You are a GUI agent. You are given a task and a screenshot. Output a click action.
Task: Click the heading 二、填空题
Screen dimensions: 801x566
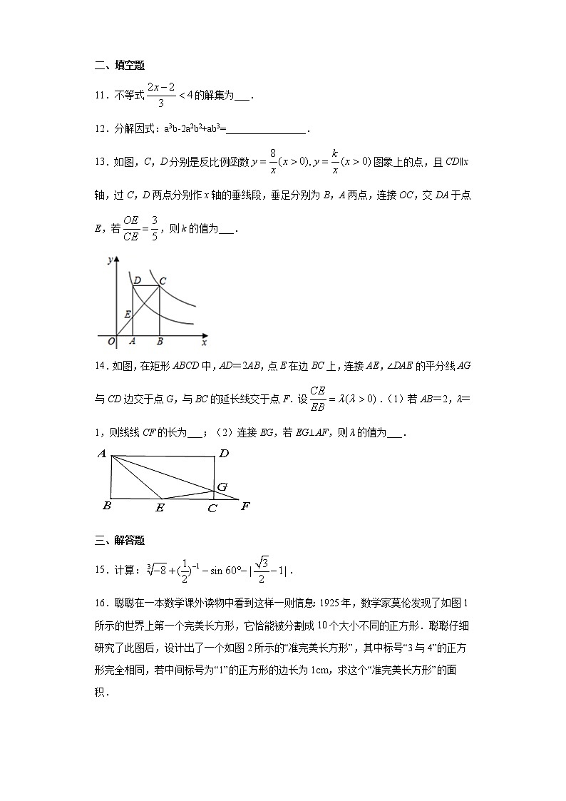(120, 66)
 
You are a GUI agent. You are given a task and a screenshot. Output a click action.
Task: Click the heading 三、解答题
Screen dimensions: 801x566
(120, 540)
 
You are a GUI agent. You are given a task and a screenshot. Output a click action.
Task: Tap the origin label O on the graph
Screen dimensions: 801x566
(110, 341)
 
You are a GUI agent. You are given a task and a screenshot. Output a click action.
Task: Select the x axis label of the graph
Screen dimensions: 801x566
(204, 342)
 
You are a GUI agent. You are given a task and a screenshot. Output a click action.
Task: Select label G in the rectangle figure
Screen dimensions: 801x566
(222, 486)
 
